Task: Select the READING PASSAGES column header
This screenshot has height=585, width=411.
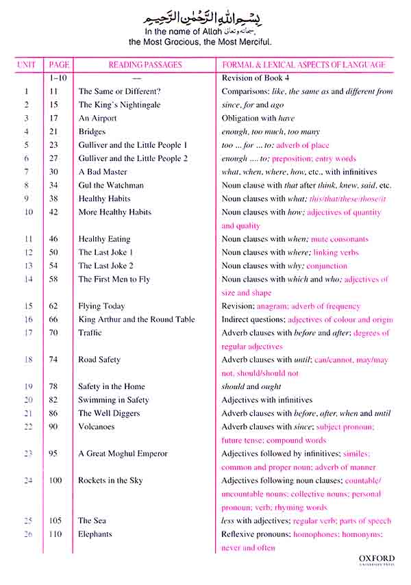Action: click(x=145, y=65)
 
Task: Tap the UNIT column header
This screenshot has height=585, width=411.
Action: click(x=27, y=65)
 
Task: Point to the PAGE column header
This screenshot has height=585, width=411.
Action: click(x=59, y=65)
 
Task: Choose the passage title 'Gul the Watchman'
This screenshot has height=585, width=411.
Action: click(x=111, y=185)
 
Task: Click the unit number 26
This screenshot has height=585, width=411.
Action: click(x=28, y=534)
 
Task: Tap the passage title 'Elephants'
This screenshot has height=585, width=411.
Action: click(x=95, y=534)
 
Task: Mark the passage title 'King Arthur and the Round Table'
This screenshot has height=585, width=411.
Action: click(x=136, y=319)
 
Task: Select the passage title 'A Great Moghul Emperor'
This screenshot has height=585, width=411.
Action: click(x=123, y=453)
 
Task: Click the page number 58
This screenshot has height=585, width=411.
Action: click(x=55, y=279)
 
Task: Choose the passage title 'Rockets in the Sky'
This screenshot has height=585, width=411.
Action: click(x=110, y=481)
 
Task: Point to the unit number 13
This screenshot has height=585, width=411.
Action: click(x=28, y=266)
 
